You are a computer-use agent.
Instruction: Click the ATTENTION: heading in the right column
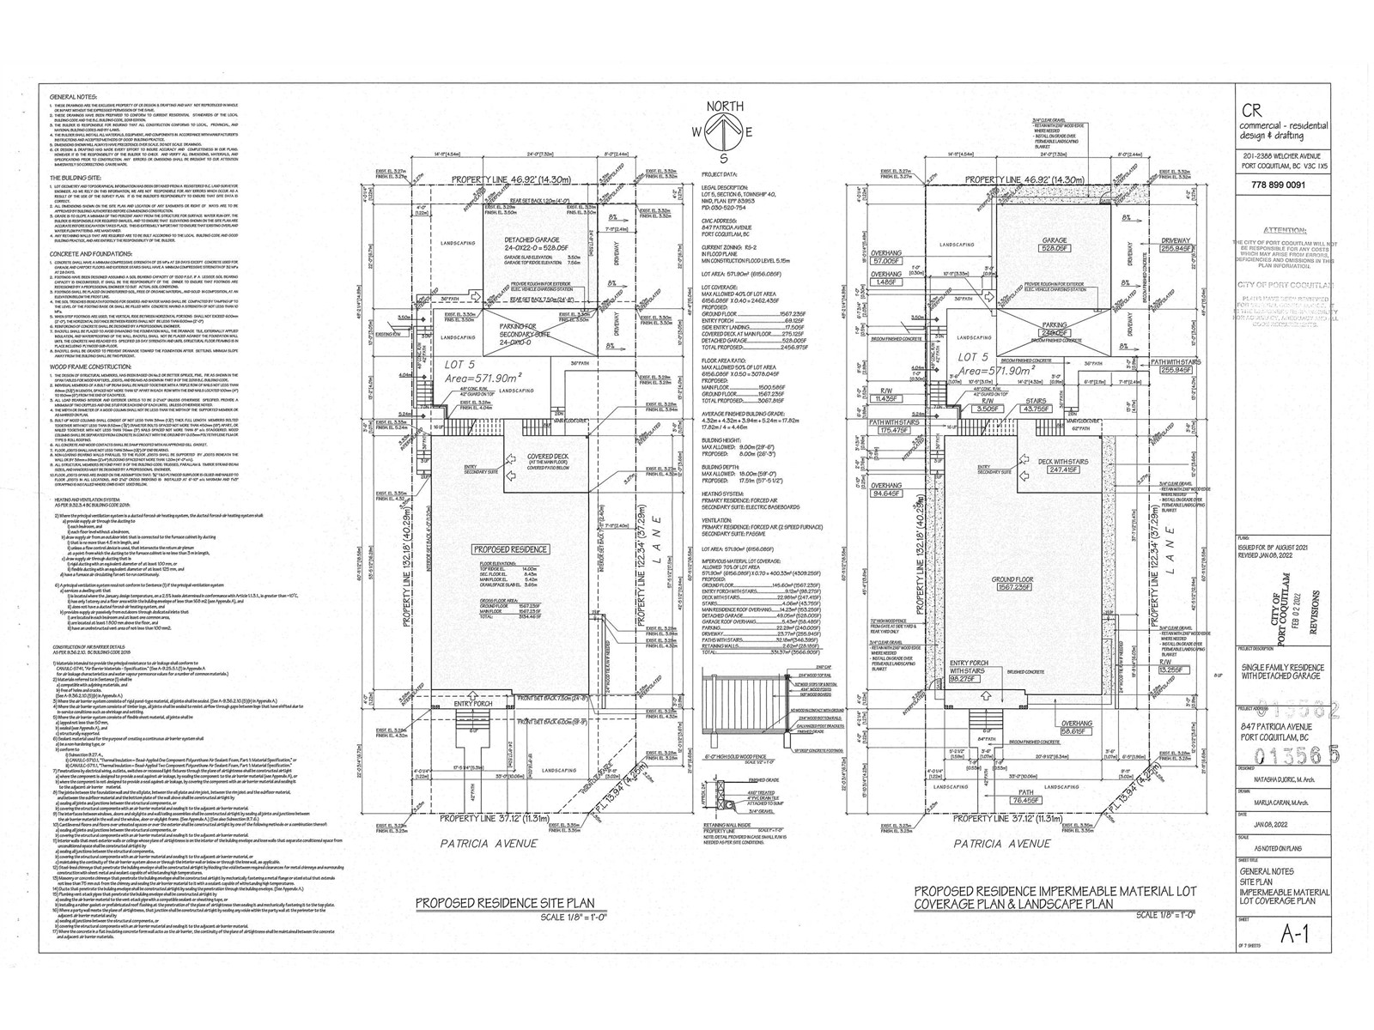click(x=1285, y=231)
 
